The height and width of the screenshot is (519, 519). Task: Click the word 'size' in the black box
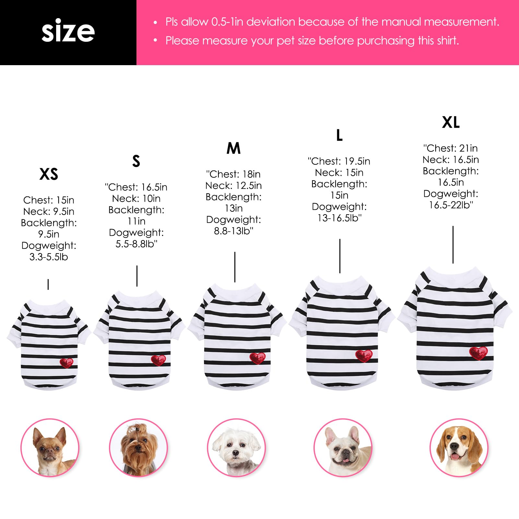68,31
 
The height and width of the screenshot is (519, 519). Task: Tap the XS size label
49,174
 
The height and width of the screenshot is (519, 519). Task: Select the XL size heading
451,122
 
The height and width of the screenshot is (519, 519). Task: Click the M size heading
233,148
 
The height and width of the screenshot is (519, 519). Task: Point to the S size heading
136,161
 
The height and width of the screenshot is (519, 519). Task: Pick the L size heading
339,135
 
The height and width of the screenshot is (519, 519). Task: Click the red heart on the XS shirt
66,363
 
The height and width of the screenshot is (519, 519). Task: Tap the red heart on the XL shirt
478,353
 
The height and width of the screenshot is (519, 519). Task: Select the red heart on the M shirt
257,358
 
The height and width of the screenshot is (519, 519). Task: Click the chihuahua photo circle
50,448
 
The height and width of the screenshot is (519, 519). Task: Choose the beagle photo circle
459,448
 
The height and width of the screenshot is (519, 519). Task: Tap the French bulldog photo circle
343,448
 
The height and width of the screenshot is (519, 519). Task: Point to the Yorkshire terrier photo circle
138,448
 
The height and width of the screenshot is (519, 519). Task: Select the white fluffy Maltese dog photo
236,448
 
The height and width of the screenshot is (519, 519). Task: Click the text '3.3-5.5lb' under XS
49,257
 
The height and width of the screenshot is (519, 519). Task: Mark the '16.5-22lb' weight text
451,205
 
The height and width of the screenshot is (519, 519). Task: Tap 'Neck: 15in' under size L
339,172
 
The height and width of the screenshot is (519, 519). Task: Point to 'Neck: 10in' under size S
136,198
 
